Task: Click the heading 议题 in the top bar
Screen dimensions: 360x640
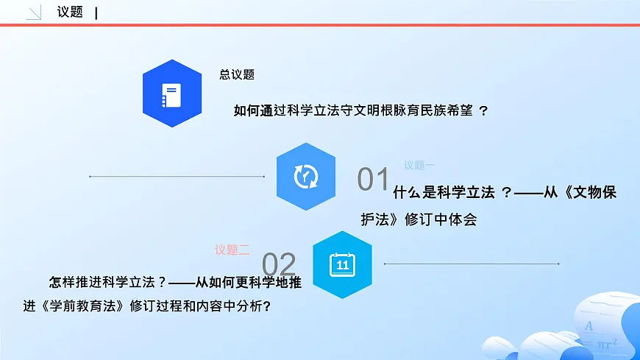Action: (x=70, y=12)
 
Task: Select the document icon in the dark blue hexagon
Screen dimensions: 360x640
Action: (x=171, y=93)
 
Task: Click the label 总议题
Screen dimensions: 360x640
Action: (x=237, y=74)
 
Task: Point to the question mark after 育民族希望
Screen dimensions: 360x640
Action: (x=483, y=110)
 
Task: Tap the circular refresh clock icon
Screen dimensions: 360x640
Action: (x=305, y=177)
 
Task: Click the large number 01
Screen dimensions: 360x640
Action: (x=373, y=180)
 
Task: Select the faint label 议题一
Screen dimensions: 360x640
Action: (x=419, y=166)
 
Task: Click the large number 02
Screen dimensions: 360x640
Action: (x=279, y=265)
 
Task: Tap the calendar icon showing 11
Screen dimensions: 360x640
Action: (x=342, y=264)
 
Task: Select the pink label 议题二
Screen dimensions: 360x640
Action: (x=232, y=250)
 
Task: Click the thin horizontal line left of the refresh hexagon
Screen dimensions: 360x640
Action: (x=177, y=177)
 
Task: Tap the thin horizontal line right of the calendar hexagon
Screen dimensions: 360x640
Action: (x=472, y=264)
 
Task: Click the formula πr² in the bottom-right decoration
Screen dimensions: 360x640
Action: (x=604, y=342)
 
